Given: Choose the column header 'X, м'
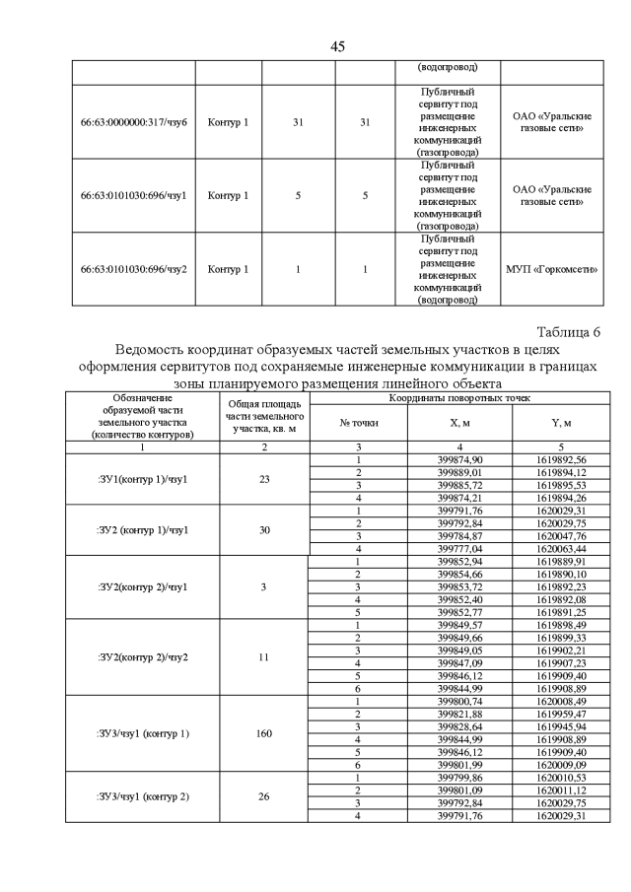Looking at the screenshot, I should click(x=459, y=423).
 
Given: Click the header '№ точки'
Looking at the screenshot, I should click(x=359, y=423).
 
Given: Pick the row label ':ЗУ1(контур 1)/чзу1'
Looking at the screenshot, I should click(x=143, y=479).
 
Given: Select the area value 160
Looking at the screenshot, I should click(x=264, y=733).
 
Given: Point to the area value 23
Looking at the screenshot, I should click(x=264, y=479).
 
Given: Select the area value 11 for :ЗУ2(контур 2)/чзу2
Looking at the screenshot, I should click(x=264, y=656).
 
